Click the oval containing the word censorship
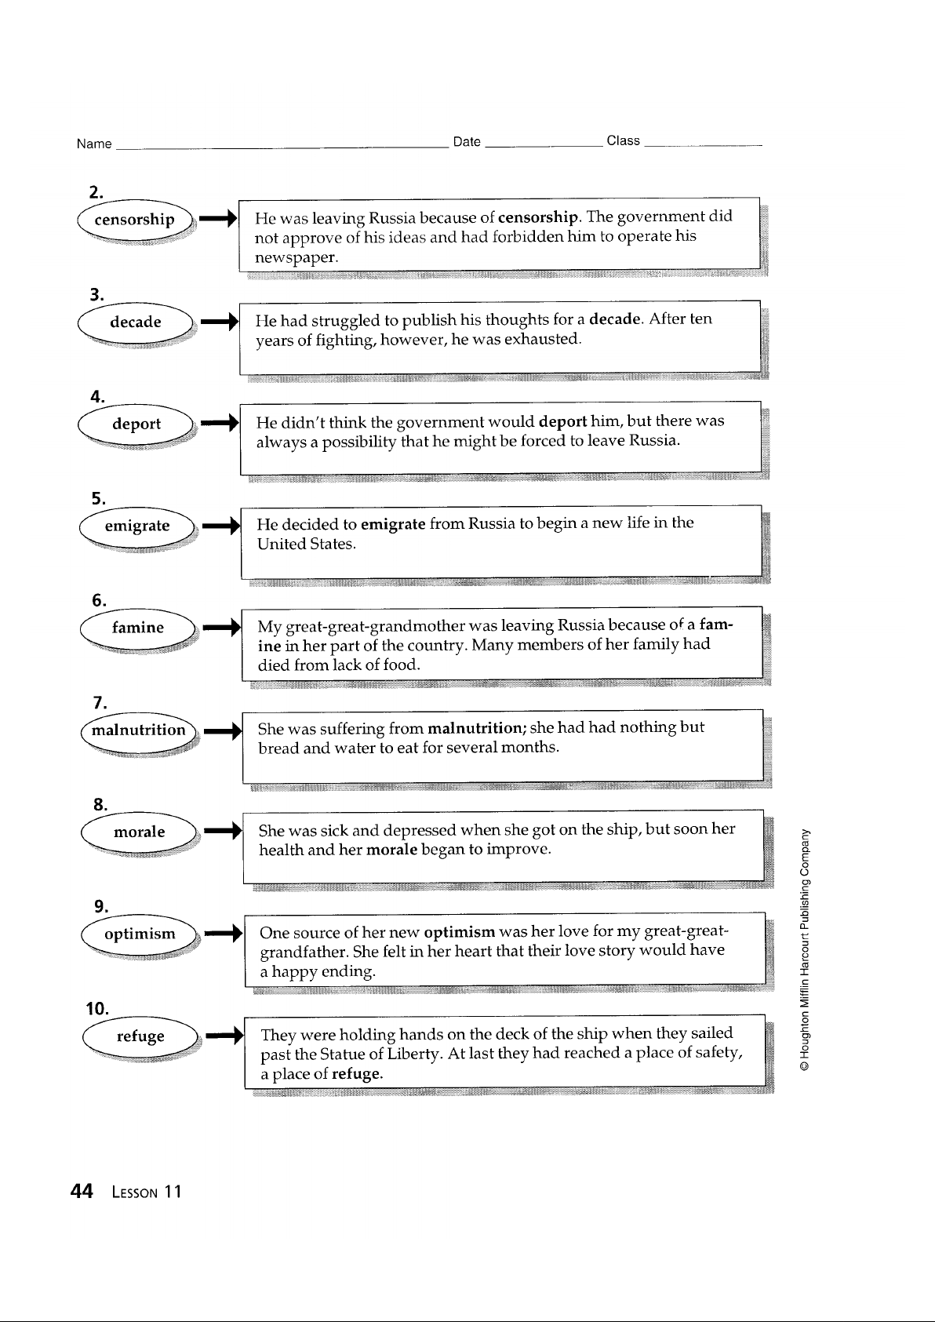pyautogui.click(x=134, y=220)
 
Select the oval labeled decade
pyautogui.click(x=135, y=322)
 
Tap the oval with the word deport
pyautogui.click(x=136, y=424)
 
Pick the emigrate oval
pyautogui.click(x=136, y=526)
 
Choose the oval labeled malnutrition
pyautogui.click(x=139, y=730)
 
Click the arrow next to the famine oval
pyautogui.click(x=222, y=627)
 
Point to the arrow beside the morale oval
pyautogui.click(x=223, y=831)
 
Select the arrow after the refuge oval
pyautogui.click(x=225, y=1035)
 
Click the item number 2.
pyautogui.click(x=96, y=192)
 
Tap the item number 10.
pyautogui.click(x=97, y=1009)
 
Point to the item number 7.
pyautogui.click(x=100, y=703)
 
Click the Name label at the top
pyautogui.click(x=94, y=144)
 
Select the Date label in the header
pyautogui.click(x=467, y=142)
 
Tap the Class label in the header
pyautogui.click(x=623, y=140)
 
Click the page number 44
pyautogui.click(x=82, y=1191)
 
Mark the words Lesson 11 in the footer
pyautogui.click(x=147, y=1193)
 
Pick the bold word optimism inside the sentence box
pyautogui.click(x=460, y=932)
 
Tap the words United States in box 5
pyautogui.click(x=306, y=544)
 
